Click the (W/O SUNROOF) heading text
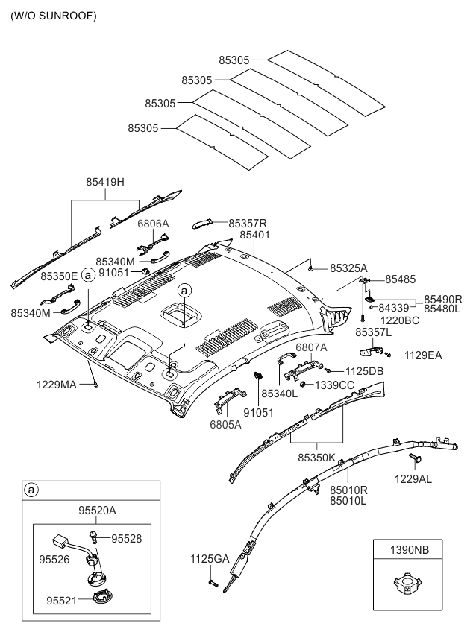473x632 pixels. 53,15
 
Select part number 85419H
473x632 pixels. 105,181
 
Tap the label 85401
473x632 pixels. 254,235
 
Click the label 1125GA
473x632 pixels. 209,558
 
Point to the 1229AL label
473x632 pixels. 413,478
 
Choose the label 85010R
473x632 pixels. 348,490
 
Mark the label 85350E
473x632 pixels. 59,276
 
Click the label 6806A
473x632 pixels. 153,223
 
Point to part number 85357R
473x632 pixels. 248,223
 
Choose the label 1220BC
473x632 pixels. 400,320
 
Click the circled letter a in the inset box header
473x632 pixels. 31,490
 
